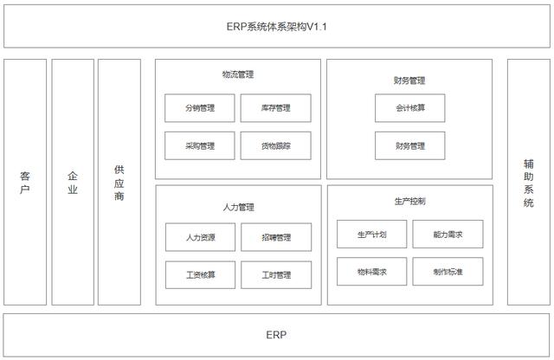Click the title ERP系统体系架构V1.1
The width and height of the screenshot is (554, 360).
(x=276, y=27)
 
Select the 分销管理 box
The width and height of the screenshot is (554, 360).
(x=199, y=108)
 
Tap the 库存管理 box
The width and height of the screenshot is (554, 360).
(x=275, y=108)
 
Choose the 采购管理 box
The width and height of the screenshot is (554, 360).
(x=199, y=146)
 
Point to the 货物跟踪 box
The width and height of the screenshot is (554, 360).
(x=275, y=146)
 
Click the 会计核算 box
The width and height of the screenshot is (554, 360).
(x=409, y=108)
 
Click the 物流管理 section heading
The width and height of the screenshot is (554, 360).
(x=237, y=75)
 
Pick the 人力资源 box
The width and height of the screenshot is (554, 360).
(x=199, y=237)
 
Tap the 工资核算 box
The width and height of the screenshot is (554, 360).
(x=199, y=275)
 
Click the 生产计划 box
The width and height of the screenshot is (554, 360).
(x=371, y=234)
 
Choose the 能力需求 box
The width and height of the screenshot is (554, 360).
(x=448, y=234)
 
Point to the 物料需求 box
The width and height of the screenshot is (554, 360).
(x=371, y=272)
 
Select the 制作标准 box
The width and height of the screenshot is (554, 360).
(x=448, y=272)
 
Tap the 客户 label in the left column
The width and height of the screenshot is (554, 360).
(x=25, y=183)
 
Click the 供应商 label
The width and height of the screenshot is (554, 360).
(x=119, y=183)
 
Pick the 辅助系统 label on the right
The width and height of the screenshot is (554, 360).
(x=528, y=183)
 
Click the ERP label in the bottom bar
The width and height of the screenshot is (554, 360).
(x=276, y=335)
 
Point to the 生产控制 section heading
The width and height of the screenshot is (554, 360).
(x=409, y=201)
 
